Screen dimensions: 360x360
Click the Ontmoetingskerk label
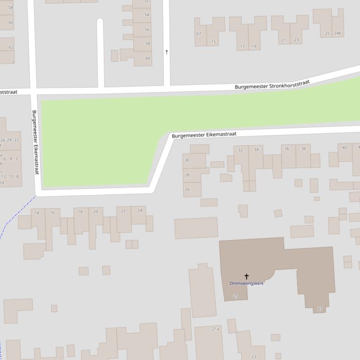click(x=246, y=283)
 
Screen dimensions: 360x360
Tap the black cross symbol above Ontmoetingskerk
click(x=246, y=276)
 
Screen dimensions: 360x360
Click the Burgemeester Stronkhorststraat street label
click(x=272, y=85)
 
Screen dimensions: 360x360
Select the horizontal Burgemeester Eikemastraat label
click(x=204, y=135)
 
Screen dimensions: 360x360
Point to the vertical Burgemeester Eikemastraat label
click(x=35, y=143)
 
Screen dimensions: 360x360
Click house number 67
click(x=199, y=34)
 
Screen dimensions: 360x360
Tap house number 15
click(x=214, y=42)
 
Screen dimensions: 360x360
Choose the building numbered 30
click(x=187, y=160)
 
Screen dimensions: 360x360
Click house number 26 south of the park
click(x=187, y=189)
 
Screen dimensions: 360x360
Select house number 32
click(x=240, y=150)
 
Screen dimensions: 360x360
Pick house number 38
click(x=303, y=149)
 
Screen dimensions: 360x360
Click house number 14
click(x=37, y=213)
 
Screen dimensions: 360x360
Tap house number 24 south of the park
click(x=140, y=210)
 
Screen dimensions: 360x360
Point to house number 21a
click(x=216, y=329)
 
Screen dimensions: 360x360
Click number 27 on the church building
click(x=320, y=309)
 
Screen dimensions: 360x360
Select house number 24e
click(x=337, y=33)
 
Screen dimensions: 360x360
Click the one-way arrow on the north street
click(x=166, y=52)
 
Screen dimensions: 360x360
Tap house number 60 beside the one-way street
click(x=148, y=58)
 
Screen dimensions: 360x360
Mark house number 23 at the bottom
click(x=254, y=357)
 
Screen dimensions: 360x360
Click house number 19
click(x=254, y=46)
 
